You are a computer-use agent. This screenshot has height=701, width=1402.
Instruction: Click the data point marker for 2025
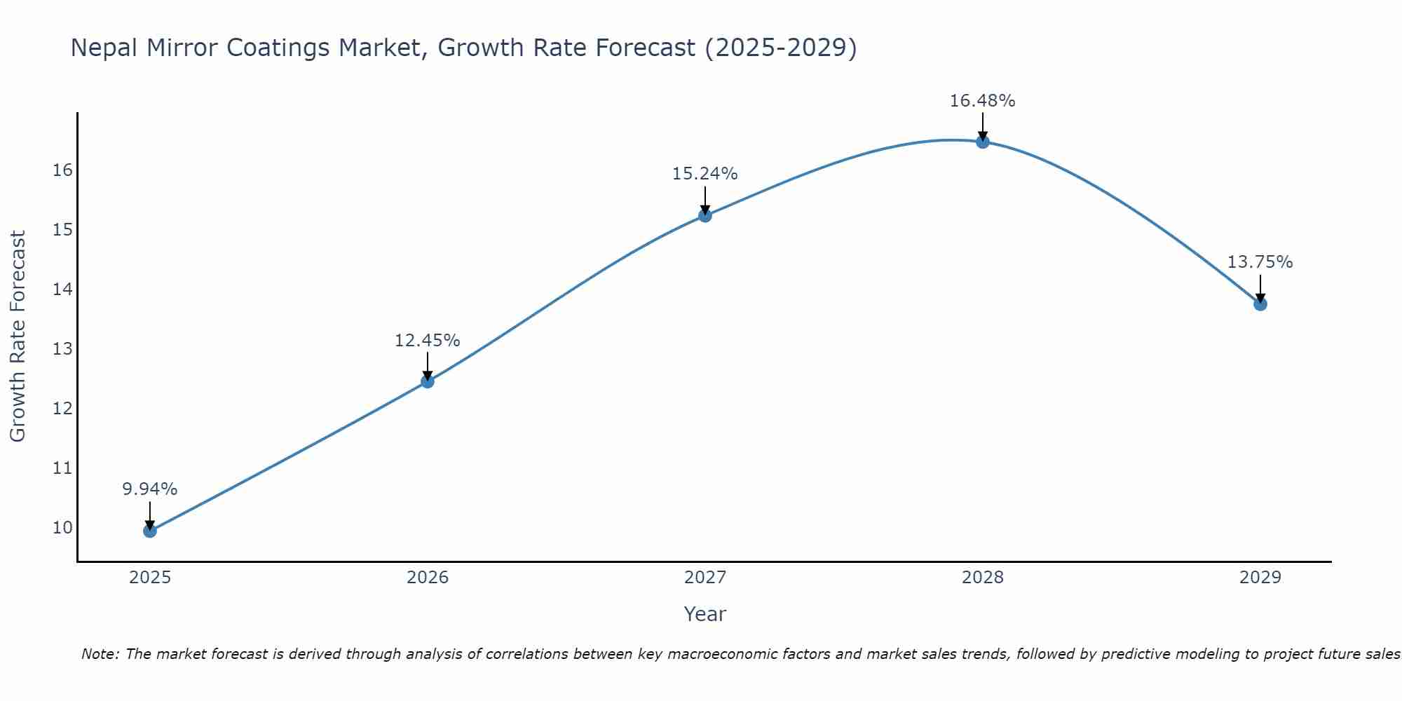[150, 531]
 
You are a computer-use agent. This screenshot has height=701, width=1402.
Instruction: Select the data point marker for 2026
[428, 381]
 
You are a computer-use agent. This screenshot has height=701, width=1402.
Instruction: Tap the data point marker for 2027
[705, 215]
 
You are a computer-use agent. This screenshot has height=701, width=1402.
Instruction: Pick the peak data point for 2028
[983, 142]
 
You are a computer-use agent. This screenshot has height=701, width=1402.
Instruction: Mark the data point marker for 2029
[1260, 304]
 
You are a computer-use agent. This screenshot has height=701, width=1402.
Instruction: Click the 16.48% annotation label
[982, 101]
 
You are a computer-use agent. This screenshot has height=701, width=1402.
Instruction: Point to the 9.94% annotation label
[150, 489]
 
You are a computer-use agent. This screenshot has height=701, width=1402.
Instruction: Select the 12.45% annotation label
[427, 341]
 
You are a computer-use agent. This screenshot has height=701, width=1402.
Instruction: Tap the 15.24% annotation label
[705, 174]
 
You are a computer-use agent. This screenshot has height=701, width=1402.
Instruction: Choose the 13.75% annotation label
[1260, 262]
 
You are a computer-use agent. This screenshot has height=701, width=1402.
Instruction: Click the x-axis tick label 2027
[705, 578]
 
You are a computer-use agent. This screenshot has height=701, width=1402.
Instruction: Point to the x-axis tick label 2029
[1260, 578]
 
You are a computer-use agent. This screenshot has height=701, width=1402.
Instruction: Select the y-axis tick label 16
[62, 170]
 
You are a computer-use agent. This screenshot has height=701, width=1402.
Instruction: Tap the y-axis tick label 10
[62, 527]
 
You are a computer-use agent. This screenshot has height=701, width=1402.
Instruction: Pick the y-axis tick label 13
[62, 349]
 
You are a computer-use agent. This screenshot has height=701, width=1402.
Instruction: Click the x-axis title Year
[705, 614]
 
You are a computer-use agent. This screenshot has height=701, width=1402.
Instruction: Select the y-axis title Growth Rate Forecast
[18, 336]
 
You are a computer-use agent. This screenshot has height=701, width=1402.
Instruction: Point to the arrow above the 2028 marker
[983, 126]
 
